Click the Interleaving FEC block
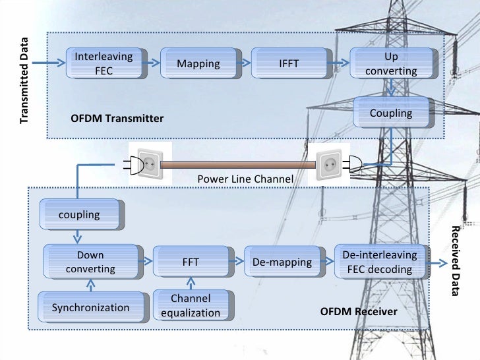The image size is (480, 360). [104, 63]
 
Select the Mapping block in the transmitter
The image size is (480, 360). [198, 63]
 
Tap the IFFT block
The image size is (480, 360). [289, 63]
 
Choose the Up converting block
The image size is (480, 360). [391, 63]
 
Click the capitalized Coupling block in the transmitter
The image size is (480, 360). [391, 113]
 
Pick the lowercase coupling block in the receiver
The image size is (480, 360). [79, 214]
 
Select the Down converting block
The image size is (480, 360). [90, 262]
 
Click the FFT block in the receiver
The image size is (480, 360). [191, 262]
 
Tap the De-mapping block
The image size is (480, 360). [282, 262]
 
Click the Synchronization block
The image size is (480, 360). [90, 307]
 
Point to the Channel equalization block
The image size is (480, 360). [191, 306]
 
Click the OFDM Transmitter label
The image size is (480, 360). [117, 119]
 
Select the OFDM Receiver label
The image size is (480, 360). [359, 311]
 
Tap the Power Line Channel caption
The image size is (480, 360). [245, 180]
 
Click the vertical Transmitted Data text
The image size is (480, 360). [24, 80]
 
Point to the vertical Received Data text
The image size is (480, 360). [456, 260]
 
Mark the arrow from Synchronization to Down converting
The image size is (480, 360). [91, 285]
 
